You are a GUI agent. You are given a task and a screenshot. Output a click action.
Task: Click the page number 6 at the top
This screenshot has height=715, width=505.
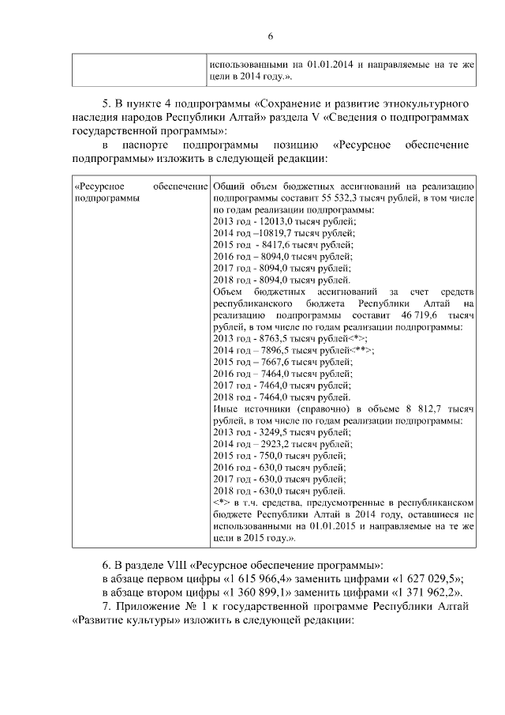tap(270, 36)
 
